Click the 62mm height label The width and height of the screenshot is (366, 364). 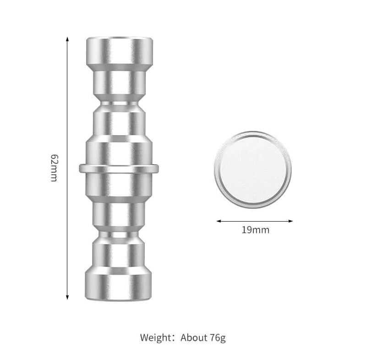pos(54,168)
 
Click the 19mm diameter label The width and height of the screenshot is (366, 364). pos(255,230)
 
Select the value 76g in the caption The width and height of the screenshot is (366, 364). pos(217,338)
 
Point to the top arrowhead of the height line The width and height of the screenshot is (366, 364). pos(67,39)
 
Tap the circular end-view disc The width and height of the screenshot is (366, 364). pos(252,169)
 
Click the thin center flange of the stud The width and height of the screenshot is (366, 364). pos(119,168)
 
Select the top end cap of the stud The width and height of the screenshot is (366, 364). pos(120,51)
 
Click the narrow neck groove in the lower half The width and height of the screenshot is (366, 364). pos(119,234)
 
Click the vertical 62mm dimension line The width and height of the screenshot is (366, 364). pos(67,114)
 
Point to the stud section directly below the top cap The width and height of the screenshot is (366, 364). pos(119,82)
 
